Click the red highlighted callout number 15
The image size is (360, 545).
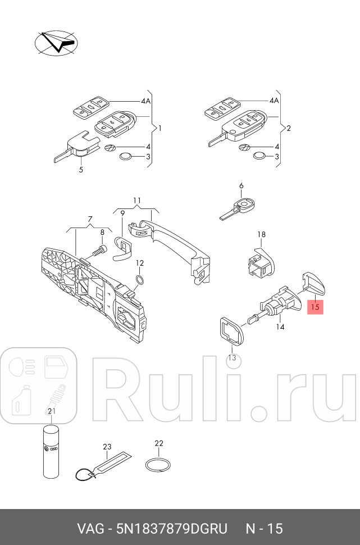315,307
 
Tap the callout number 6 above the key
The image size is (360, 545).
241,186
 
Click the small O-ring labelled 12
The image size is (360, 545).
140,279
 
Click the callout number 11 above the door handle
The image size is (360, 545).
136,201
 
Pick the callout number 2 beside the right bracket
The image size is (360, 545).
288,129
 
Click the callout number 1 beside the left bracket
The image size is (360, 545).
160,129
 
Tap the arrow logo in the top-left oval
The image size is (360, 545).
57,43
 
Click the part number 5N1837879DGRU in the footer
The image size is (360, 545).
171,529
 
